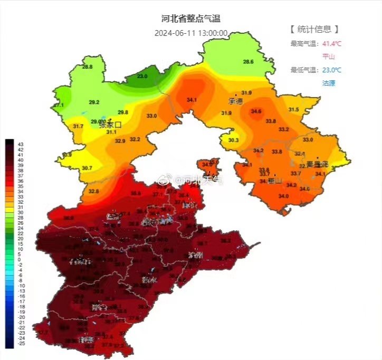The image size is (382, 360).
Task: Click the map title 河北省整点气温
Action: coord(190,18)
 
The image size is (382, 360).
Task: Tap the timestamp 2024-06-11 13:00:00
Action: coord(190,33)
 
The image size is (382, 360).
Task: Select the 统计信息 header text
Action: coord(314,29)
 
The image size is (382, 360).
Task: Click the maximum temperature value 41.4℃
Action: coord(332,43)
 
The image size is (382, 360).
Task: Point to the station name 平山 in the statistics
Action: coord(329,56)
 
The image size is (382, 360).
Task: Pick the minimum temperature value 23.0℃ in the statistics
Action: coord(332,70)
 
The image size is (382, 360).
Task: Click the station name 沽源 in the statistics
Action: coord(329,83)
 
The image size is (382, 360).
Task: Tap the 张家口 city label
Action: coord(110,125)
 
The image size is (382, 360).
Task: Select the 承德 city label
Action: coord(235,100)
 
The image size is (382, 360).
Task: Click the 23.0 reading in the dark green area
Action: coord(142,77)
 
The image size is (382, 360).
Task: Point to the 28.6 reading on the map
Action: coord(248,62)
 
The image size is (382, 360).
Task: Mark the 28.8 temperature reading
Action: coord(87,67)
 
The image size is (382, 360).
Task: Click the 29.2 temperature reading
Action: coord(94,102)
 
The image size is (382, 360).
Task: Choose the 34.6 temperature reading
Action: coord(256,111)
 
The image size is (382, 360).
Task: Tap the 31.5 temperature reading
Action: coord(293,109)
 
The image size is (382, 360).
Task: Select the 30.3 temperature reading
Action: coord(234,140)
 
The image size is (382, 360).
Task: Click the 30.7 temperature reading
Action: coord(88,168)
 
